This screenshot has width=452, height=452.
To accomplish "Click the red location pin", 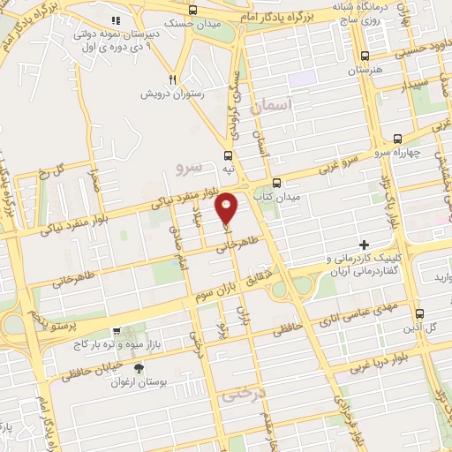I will click(x=227, y=207).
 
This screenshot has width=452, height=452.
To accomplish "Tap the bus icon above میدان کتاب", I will click(x=277, y=183).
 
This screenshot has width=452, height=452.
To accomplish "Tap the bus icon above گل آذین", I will click(x=420, y=313).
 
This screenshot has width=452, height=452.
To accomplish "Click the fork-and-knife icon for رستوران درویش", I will click(x=175, y=79).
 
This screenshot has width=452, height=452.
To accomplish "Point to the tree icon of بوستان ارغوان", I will click(x=138, y=369).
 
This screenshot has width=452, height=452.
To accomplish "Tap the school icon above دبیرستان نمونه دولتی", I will click(x=116, y=19).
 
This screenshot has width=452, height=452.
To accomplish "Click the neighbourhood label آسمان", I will click(x=270, y=106).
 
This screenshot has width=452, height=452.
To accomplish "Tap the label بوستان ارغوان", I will click(x=138, y=384).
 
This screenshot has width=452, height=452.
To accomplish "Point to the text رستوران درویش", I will click(x=175, y=93).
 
